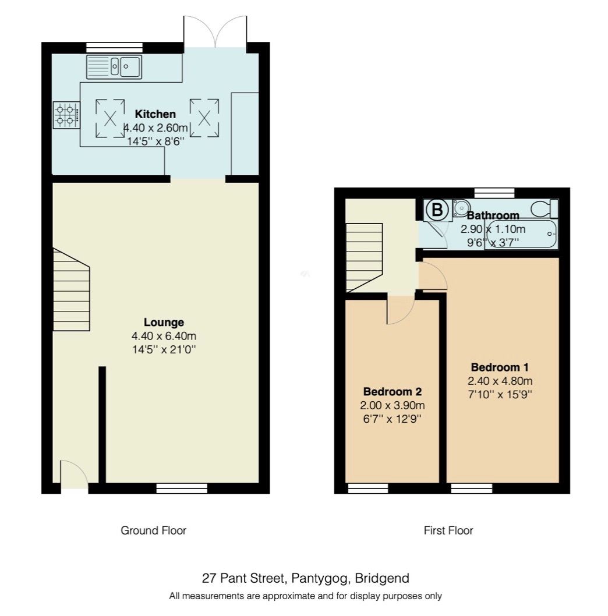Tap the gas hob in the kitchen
coord(66,115)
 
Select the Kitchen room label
coord(155,114)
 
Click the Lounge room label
coord(164,322)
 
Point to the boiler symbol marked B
coord(436,210)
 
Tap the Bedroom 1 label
coord(500,367)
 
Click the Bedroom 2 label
coord(392,392)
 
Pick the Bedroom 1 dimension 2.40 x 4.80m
coord(500,381)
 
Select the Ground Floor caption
coord(153,530)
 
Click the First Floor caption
coord(448,530)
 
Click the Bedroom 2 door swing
coord(400,310)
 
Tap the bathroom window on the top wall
coord(494,193)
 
